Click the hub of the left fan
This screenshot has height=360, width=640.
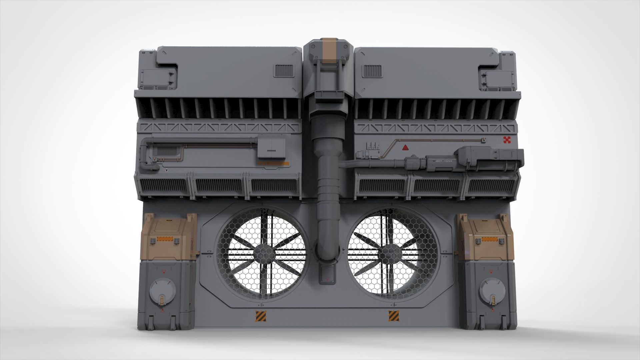click(x=262, y=252)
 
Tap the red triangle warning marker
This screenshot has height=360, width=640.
click(x=405, y=148)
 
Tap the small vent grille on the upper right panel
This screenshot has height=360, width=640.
click(x=371, y=71)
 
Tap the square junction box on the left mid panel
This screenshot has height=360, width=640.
click(x=272, y=148)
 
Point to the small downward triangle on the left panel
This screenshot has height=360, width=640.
click(x=167, y=170)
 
